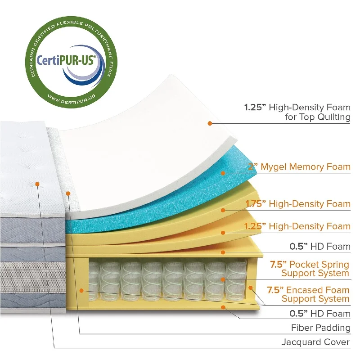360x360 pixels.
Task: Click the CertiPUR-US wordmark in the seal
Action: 66,60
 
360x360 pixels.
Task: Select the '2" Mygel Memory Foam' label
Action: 299,166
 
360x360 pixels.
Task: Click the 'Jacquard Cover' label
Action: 315,342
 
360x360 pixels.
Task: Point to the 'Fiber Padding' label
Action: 321,328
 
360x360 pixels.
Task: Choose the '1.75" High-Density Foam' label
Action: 298,204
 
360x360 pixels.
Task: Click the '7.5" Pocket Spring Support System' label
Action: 310,269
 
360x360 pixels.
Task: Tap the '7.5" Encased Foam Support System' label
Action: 308,294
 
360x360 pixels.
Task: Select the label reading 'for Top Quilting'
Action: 318,117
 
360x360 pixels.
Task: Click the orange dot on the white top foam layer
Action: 210,123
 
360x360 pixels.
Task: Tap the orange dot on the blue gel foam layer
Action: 223,173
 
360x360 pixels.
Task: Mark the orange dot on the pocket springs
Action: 223,279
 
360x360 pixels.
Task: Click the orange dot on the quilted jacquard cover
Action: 37,184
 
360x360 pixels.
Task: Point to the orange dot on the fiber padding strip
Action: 68,194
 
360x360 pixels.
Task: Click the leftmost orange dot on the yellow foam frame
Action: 81,291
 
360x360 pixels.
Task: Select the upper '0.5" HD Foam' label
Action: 320,246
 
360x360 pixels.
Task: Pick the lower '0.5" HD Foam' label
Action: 320,313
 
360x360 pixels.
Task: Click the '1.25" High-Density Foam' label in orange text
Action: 297,226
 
